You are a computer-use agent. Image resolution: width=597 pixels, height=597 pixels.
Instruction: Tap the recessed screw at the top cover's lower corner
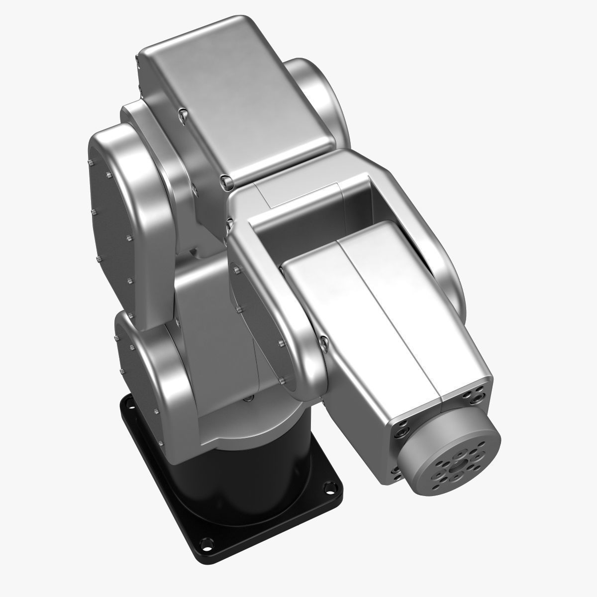tap(226, 183)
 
